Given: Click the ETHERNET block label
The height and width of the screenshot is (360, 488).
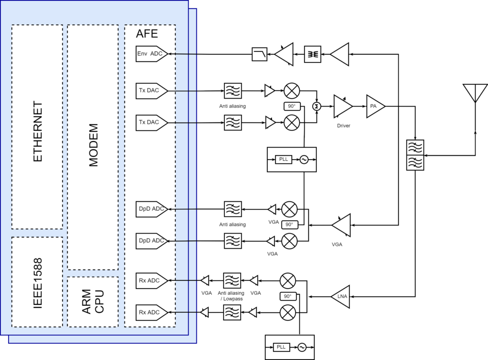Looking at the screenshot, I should (38, 131).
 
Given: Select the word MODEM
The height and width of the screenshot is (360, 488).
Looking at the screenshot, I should (93, 145).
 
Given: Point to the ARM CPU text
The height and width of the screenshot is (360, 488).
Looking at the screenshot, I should (93, 302).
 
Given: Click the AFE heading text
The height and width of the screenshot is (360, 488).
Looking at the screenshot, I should (147, 34).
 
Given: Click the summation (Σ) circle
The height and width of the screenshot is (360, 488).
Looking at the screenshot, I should (316, 106).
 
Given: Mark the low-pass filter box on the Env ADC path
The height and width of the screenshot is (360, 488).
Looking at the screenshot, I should (260, 54).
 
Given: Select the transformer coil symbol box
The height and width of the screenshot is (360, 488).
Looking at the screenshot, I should (313, 54).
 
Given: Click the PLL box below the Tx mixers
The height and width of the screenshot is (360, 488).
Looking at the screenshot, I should (284, 160).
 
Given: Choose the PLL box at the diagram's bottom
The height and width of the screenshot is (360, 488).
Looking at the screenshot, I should (281, 347).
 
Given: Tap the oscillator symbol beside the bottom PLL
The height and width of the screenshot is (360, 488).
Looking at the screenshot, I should (302, 347).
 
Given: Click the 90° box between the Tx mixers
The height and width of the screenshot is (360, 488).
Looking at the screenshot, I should (292, 106).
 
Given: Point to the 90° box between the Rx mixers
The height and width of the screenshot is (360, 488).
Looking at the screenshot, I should (288, 296).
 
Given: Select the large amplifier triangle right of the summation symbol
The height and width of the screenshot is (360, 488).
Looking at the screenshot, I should (342, 106).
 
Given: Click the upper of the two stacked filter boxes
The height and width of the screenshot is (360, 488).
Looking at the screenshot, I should (415, 147).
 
